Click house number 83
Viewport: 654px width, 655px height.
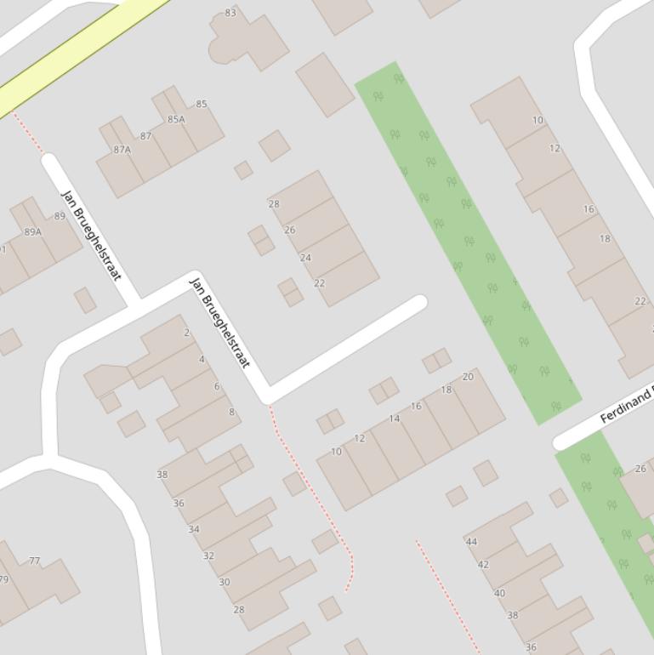click(x=230, y=13)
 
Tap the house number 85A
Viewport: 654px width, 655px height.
click(x=176, y=119)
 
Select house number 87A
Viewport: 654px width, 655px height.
click(x=122, y=150)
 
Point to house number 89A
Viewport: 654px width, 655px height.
click(x=33, y=231)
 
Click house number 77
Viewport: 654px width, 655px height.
click(x=34, y=561)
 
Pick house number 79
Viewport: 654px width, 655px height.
click(x=3, y=580)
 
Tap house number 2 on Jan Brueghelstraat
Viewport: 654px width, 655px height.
click(x=187, y=333)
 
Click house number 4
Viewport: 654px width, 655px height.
click(x=202, y=359)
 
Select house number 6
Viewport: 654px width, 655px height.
click(x=217, y=386)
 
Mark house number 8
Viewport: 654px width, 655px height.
click(x=231, y=413)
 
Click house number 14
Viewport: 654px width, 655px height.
click(x=394, y=419)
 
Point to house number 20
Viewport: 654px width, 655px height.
click(x=468, y=377)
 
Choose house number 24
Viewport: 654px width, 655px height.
click(x=305, y=258)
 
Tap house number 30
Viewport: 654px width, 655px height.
click(x=225, y=583)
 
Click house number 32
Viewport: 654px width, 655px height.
click(x=208, y=555)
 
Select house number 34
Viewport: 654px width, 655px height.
click(x=194, y=529)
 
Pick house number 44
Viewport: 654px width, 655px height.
click(x=471, y=541)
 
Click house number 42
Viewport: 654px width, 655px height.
click(x=483, y=565)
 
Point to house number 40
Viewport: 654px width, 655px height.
click(x=499, y=594)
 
